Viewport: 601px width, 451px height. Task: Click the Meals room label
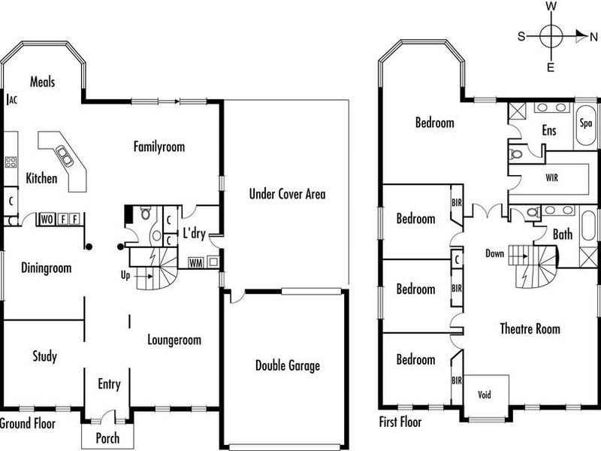pyautogui.click(x=43, y=82)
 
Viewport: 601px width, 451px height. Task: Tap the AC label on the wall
pyautogui.click(x=11, y=99)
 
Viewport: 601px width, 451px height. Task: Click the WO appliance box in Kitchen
pyautogui.click(x=47, y=219)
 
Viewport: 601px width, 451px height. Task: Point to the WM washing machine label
pyautogui.click(x=195, y=262)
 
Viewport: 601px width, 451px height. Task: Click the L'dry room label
pyautogui.click(x=195, y=234)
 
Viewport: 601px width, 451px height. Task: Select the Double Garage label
pyautogui.click(x=287, y=366)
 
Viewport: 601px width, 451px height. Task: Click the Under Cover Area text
pyautogui.click(x=287, y=194)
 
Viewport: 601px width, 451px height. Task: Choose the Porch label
pyautogui.click(x=107, y=438)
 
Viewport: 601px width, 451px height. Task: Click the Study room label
pyautogui.click(x=44, y=356)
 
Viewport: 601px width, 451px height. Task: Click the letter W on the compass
pyautogui.click(x=551, y=6)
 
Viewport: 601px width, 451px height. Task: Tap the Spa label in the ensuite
pyautogui.click(x=586, y=123)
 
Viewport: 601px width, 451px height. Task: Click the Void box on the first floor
pyautogui.click(x=485, y=394)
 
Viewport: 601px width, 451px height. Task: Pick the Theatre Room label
pyautogui.click(x=530, y=328)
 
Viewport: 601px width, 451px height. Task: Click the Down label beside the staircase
pyautogui.click(x=494, y=254)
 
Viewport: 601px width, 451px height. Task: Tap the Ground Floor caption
pyautogui.click(x=27, y=423)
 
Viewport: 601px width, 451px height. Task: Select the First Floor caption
pyautogui.click(x=400, y=422)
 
